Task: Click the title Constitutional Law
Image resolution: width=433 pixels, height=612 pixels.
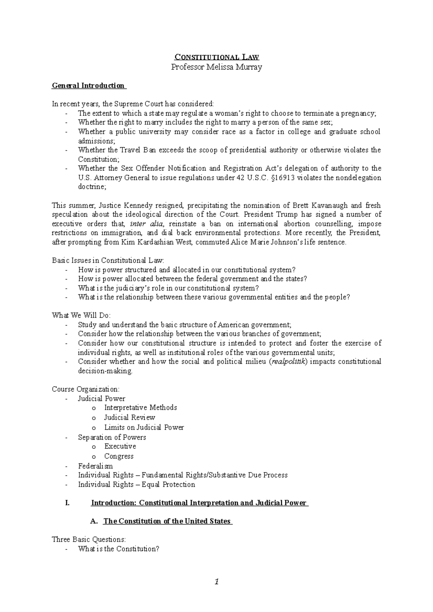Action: point(216,57)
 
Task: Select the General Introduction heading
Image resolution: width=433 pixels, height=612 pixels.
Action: point(88,86)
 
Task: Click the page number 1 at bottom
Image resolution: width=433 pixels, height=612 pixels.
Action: point(216,581)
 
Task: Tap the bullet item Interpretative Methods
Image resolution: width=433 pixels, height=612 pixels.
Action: point(140,408)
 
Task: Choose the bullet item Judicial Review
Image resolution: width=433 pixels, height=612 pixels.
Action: point(130,417)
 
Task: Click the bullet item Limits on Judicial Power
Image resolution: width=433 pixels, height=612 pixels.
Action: point(144,427)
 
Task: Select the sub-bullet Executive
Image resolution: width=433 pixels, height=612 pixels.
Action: point(120,446)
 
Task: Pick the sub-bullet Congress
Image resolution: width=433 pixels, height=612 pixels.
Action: point(119,456)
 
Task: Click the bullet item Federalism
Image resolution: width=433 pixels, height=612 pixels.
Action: point(95,466)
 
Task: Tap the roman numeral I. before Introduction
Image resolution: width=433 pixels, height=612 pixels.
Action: point(67,503)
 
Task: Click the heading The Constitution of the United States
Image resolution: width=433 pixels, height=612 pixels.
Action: point(167,521)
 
